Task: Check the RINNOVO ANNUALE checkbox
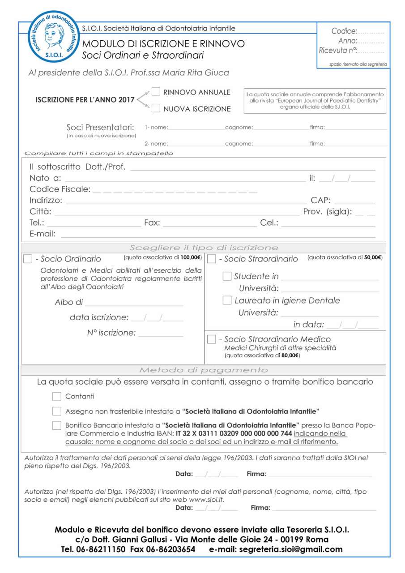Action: tap(156, 92)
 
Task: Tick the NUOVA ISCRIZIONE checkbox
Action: tap(156, 108)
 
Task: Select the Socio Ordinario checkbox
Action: tap(28, 258)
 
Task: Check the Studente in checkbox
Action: tap(227, 276)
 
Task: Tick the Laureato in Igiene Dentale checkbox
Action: tap(227, 300)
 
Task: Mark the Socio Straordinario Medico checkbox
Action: tap(211, 339)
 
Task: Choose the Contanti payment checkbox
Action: tap(57, 396)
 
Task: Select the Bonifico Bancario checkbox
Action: tap(57, 425)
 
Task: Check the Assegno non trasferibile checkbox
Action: tap(57, 411)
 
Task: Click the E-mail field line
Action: tap(217, 236)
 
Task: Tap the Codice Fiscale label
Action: tap(60, 189)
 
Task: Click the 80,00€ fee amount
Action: tap(290, 356)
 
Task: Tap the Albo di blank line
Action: tap(134, 305)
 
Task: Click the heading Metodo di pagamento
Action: tap(203, 370)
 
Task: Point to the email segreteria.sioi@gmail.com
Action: tap(291, 549)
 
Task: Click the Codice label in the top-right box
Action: tap(344, 31)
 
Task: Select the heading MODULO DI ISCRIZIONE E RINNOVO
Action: tap(163, 44)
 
